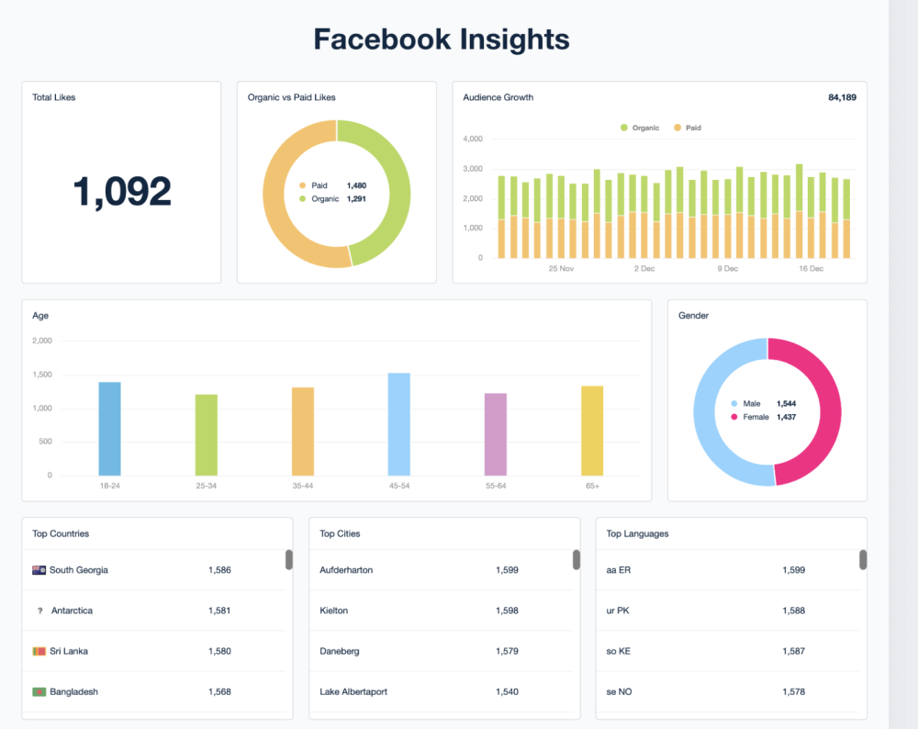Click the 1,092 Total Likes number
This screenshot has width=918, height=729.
click(122, 191)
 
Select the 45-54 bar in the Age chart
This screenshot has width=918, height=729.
click(399, 424)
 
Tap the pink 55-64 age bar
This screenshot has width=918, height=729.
click(496, 434)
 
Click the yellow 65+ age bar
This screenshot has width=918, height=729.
click(592, 431)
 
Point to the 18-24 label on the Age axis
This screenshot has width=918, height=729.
click(110, 486)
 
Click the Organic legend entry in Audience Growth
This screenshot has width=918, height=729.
click(640, 128)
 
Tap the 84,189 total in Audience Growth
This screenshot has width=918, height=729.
click(842, 97)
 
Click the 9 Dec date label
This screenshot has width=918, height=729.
click(727, 269)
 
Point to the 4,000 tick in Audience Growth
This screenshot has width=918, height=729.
click(473, 140)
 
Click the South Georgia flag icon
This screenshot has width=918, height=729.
click(39, 570)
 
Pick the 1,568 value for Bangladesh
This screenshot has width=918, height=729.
click(219, 691)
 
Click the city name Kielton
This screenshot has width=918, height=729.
click(334, 611)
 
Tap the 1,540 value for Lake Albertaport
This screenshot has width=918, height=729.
click(507, 691)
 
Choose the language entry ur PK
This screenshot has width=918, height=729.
click(618, 611)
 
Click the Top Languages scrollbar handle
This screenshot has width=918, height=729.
click(863, 559)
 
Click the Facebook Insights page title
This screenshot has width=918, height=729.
click(442, 39)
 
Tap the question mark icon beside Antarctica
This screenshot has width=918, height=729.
click(39, 611)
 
